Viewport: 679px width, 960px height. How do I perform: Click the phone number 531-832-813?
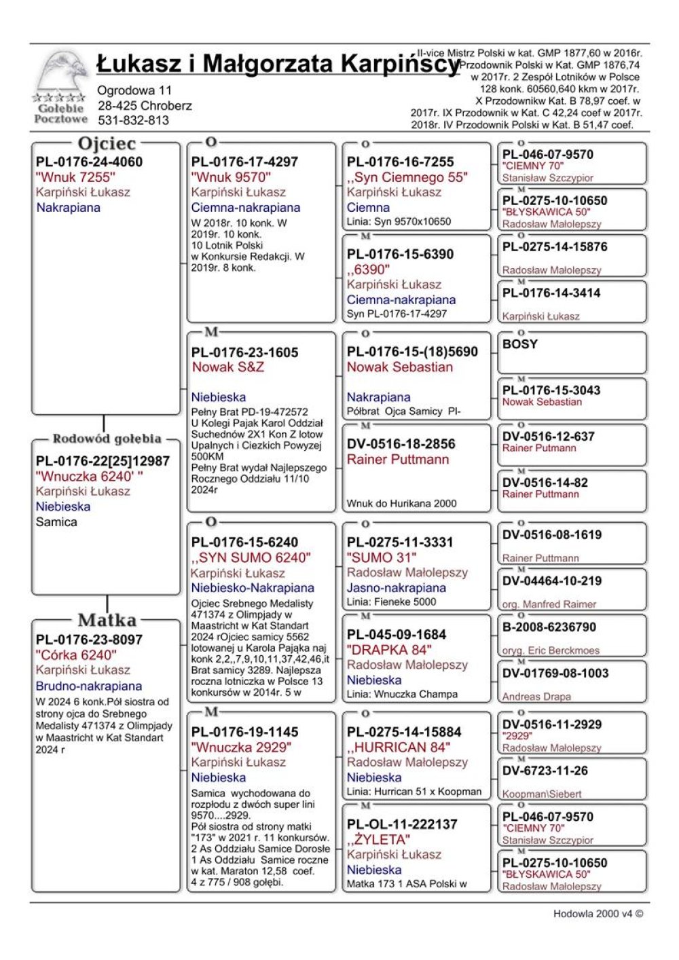tap(134, 121)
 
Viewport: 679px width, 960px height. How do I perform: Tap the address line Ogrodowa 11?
tap(134, 90)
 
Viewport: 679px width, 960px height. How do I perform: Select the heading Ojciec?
tap(107, 144)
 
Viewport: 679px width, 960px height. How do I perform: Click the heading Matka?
tap(107, 620)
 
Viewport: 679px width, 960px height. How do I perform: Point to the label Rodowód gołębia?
tap(107, 439)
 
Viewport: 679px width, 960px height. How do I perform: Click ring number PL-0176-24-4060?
tap(89, 162)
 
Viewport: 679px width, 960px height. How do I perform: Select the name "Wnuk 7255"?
tap(75, 177)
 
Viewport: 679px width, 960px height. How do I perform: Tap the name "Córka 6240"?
tap(75, 655)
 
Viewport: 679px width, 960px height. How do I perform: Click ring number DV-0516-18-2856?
tap(401, 444)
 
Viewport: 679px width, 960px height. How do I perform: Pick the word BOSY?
tap(519, 344)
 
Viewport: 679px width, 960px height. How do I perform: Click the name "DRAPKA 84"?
tap(389, 650)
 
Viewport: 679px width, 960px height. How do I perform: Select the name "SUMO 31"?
tap(382, 557)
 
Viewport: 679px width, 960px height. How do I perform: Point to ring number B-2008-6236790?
tap(549, 627)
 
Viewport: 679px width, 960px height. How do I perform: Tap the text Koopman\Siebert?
tap(542, 794)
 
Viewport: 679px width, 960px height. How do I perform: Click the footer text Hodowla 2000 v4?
tap(598, 914)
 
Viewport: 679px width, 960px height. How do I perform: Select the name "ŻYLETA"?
tap(379, 840)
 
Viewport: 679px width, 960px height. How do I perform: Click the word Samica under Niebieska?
tap(56, 522)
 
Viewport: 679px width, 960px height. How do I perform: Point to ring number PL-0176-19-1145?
tap(244, 733)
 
